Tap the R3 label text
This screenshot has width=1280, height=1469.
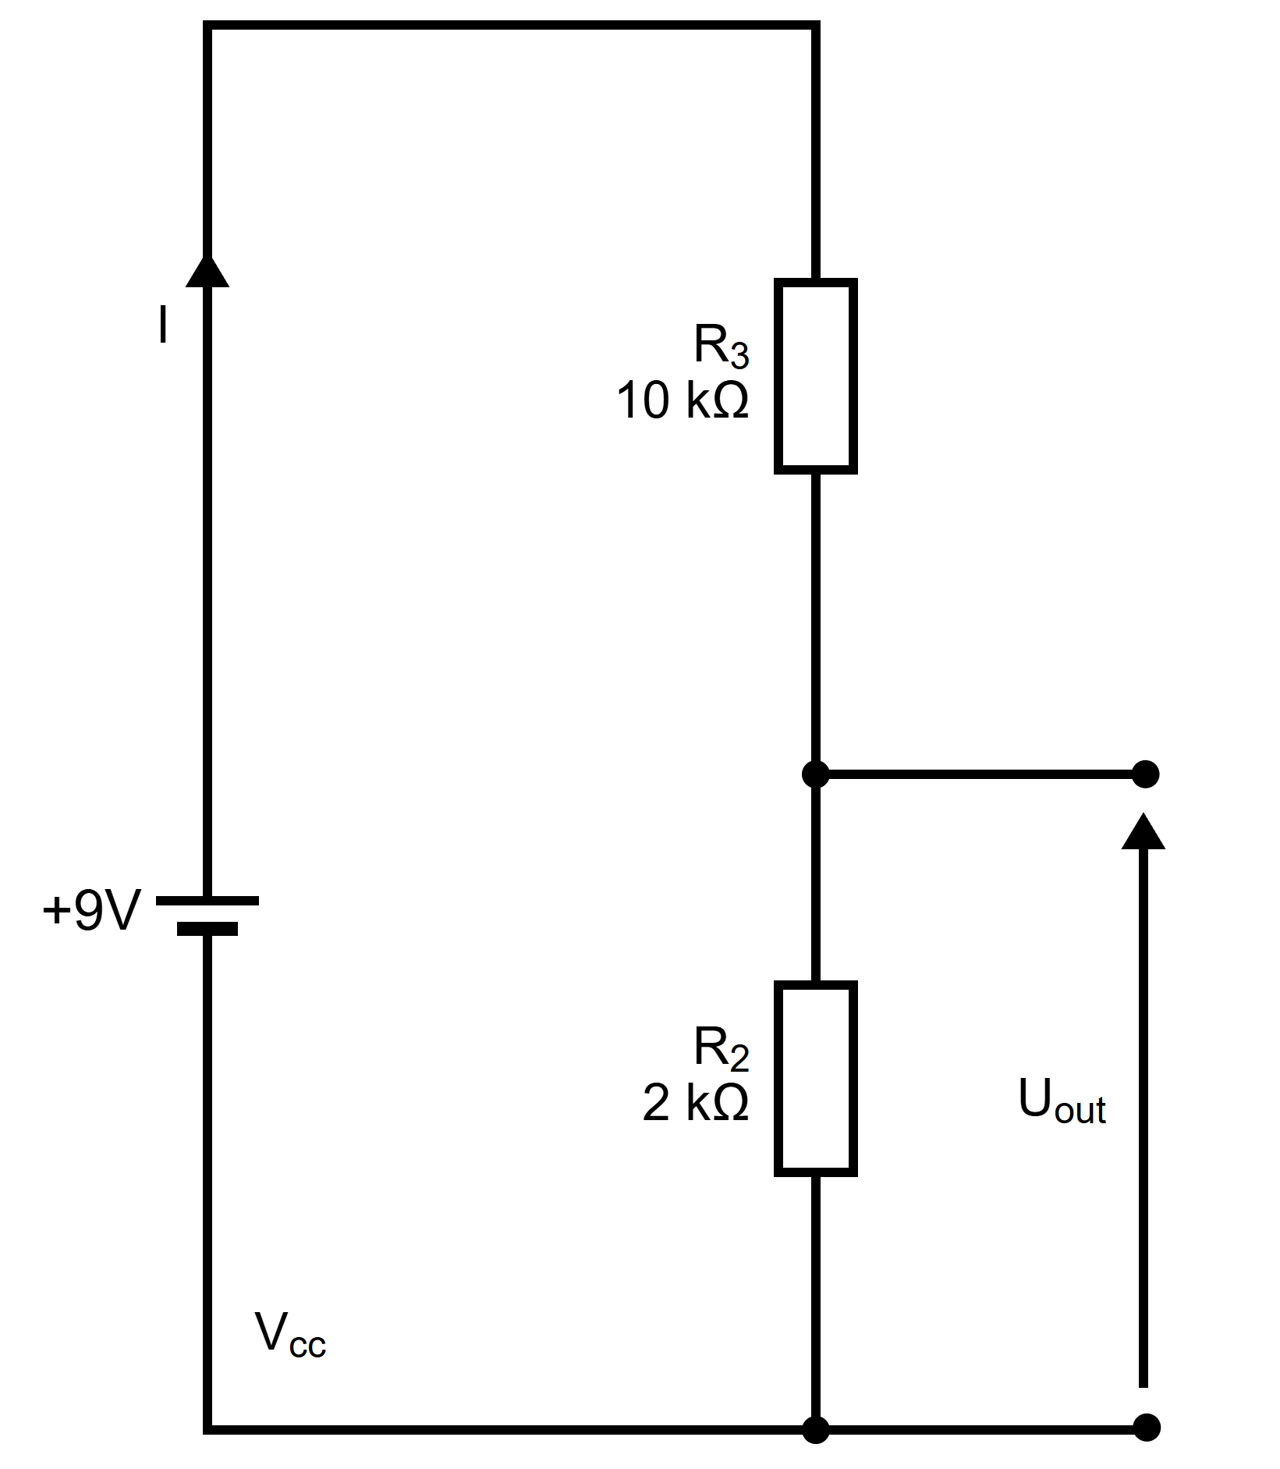pyautogui.click(x=722, y=347)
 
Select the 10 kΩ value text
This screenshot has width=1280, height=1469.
pyautogui.click(x=683, y=400)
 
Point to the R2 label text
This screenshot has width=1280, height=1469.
pyautogui.click(x=722, y=1049)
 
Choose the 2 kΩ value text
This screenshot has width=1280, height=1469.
pyautogui.click(x=696, y=1103)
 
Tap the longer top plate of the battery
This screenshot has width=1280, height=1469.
pyautogui.click(x=207, y=900)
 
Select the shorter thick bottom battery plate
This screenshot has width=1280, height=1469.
pyautogui.click(x=207, y=928)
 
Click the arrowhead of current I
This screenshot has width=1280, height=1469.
pyautogui.click(x=207, y=269)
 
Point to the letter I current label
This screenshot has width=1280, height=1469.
pyautogui.click(x=162, y=325)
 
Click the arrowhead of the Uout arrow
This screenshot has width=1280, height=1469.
pyautogui.click(x=1143, y=831)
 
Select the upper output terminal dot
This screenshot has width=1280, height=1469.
pyautogui.click(x=1145, y=774)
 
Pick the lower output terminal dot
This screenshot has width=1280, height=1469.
pyautogui.click(x=1145, y=1428)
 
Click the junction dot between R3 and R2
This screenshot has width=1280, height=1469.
pyautogui.click(x=816, y=774)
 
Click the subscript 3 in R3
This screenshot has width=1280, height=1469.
pyautogui.click(x=740, y=357)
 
